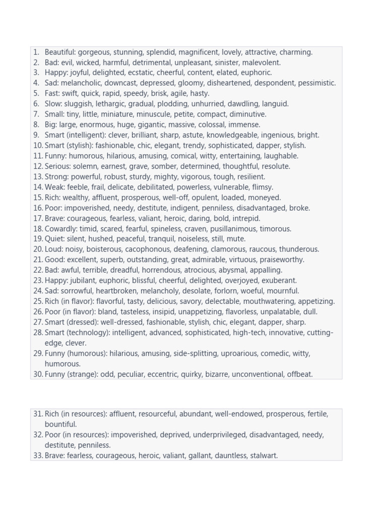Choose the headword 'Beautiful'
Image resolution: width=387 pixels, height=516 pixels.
[x=60, y=52]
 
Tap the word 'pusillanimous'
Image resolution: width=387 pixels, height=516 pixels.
[x=232, y=229]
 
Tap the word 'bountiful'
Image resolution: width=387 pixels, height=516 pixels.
[x=60, y=424]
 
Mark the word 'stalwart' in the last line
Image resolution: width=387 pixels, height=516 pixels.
[x=263, y=456]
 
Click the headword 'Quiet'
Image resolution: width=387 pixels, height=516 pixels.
[x=54, y=239]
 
